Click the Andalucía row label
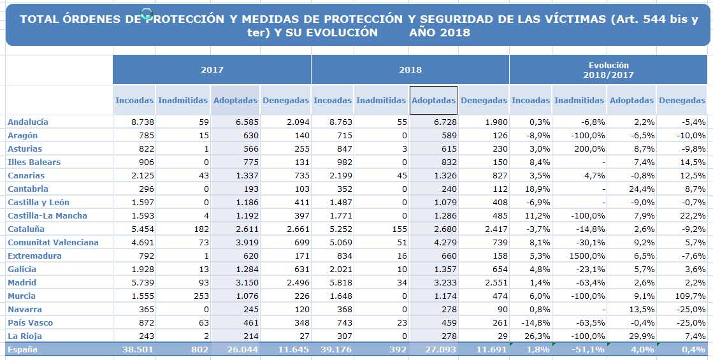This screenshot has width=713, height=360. click(28, 122)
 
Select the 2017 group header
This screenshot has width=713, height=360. click(212, 69)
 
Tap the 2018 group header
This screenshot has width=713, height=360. click(410, 69)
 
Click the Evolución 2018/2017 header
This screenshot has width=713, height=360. click(609, 69)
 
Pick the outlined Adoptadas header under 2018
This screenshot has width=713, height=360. click(433, 100)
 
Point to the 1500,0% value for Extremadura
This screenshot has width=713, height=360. click(589, 256)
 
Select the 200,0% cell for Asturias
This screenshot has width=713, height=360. click(590, 148)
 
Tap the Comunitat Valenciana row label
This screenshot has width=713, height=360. click(53, 242)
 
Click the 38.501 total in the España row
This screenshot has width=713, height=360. click(138, 350)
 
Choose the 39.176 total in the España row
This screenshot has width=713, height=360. click(336, 350)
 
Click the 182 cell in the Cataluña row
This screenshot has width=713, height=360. click(201, 229)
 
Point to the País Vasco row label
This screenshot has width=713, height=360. click(30, 323)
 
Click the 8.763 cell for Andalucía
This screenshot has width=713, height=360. click(339, 122)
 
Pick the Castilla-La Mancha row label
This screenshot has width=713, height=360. click(47, 215)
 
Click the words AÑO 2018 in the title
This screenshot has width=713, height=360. click(439, 32)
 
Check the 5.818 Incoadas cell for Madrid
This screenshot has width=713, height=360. click(339, 282)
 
